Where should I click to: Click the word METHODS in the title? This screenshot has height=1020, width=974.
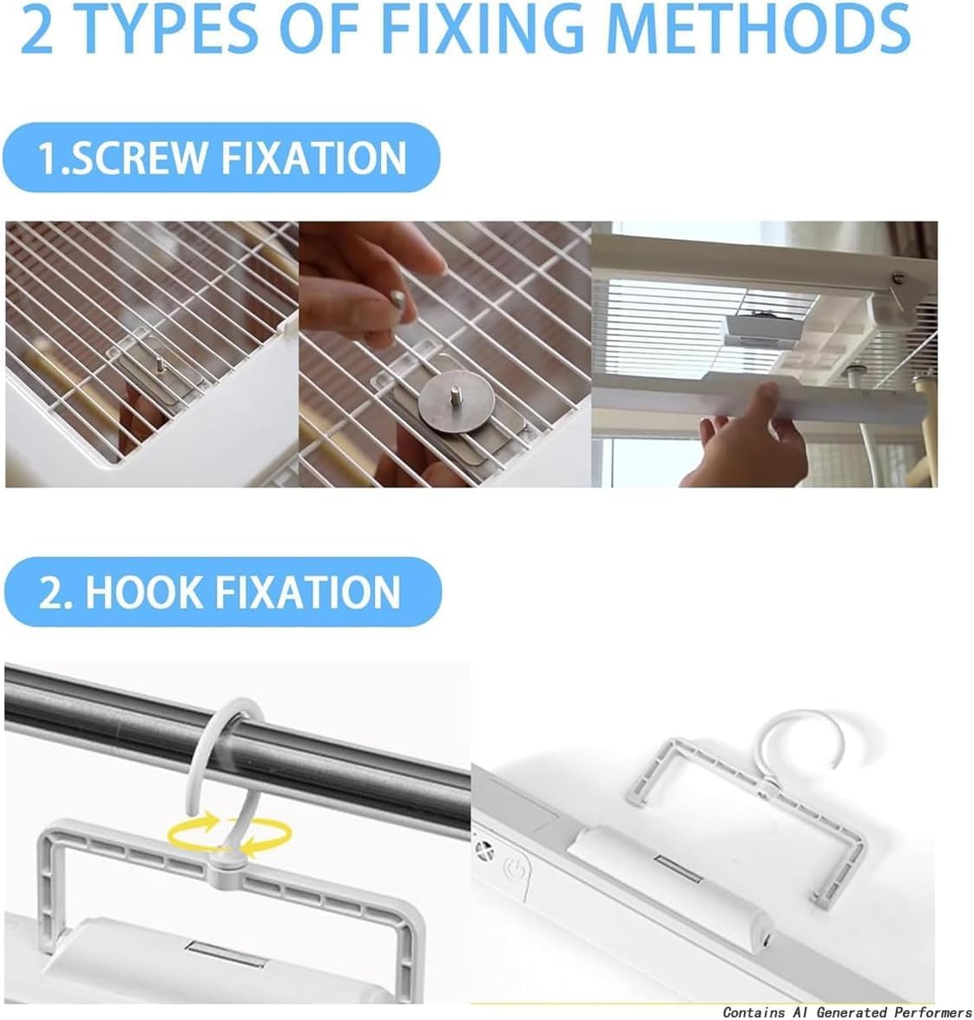click(760, 30)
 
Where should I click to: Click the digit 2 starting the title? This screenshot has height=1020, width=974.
click(36, 30)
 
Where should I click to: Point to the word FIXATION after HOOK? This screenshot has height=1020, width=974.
click(308, 592)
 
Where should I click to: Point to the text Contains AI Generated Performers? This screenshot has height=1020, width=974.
click(847, 1011)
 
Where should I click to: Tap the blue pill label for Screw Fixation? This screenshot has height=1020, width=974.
click(221, 157)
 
